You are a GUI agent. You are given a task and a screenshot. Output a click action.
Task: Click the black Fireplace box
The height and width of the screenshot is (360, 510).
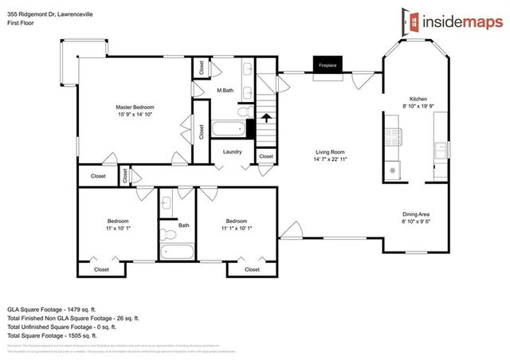(x=326, y=68)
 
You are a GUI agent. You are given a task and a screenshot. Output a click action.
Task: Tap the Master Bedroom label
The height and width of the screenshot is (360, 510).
(x=135, y=107)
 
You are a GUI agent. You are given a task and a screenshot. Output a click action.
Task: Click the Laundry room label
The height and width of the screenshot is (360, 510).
(x=232, y=151)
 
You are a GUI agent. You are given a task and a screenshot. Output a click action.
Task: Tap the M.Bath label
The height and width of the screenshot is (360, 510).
(x=225, y=91)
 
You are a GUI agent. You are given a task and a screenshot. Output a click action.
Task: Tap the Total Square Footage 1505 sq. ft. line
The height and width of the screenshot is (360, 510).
(x=60, y=335)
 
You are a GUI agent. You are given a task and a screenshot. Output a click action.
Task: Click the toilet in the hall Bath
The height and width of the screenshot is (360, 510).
(x=167, y=236)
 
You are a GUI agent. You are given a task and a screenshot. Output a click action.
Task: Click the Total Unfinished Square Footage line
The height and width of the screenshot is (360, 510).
(x=61, y=327)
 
